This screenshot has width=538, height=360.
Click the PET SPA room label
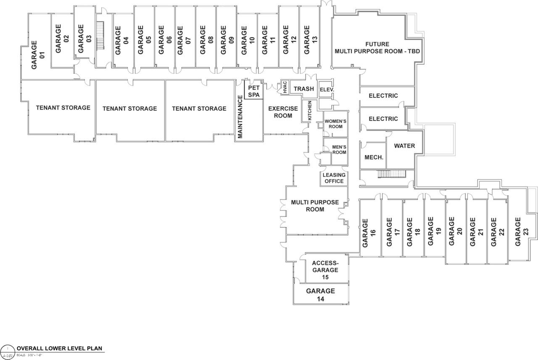pos(254,92)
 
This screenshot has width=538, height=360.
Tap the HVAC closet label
pos(285,88)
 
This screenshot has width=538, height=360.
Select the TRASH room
pos(303,89)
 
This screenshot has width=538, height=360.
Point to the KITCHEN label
pos(310,110)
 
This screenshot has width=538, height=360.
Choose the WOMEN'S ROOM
pos(335,124)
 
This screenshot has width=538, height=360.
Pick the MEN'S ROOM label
pos(339,149)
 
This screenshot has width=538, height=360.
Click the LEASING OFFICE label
pos(335,178)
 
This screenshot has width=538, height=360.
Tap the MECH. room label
pos(373,158)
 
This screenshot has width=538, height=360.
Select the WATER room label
pos(404,146)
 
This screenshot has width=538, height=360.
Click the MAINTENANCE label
pos(240,117)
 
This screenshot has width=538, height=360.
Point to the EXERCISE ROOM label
pos(283,112)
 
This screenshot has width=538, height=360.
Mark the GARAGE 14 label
pos(320,295)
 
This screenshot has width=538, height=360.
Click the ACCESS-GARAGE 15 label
pos(325,270)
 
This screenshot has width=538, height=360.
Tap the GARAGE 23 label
pos(518,231)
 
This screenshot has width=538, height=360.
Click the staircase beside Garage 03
pos(100,36)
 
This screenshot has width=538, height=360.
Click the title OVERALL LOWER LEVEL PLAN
pos(59,349)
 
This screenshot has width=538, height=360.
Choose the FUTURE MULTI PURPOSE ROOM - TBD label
pos(377,48)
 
